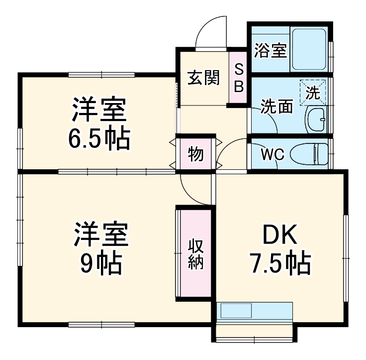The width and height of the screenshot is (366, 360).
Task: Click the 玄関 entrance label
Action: click(204, 78)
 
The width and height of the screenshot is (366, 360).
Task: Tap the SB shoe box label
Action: click(239, 78)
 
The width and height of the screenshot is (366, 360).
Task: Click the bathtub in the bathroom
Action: click(308, 49)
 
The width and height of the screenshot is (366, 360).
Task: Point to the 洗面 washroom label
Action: click(277, 106)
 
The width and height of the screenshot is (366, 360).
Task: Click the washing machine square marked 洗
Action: click(313, 92)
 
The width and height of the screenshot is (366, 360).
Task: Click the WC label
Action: click(273, 154)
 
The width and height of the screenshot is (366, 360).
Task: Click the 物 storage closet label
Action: click(195, 154)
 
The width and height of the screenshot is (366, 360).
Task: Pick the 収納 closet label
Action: click(195, 254)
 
